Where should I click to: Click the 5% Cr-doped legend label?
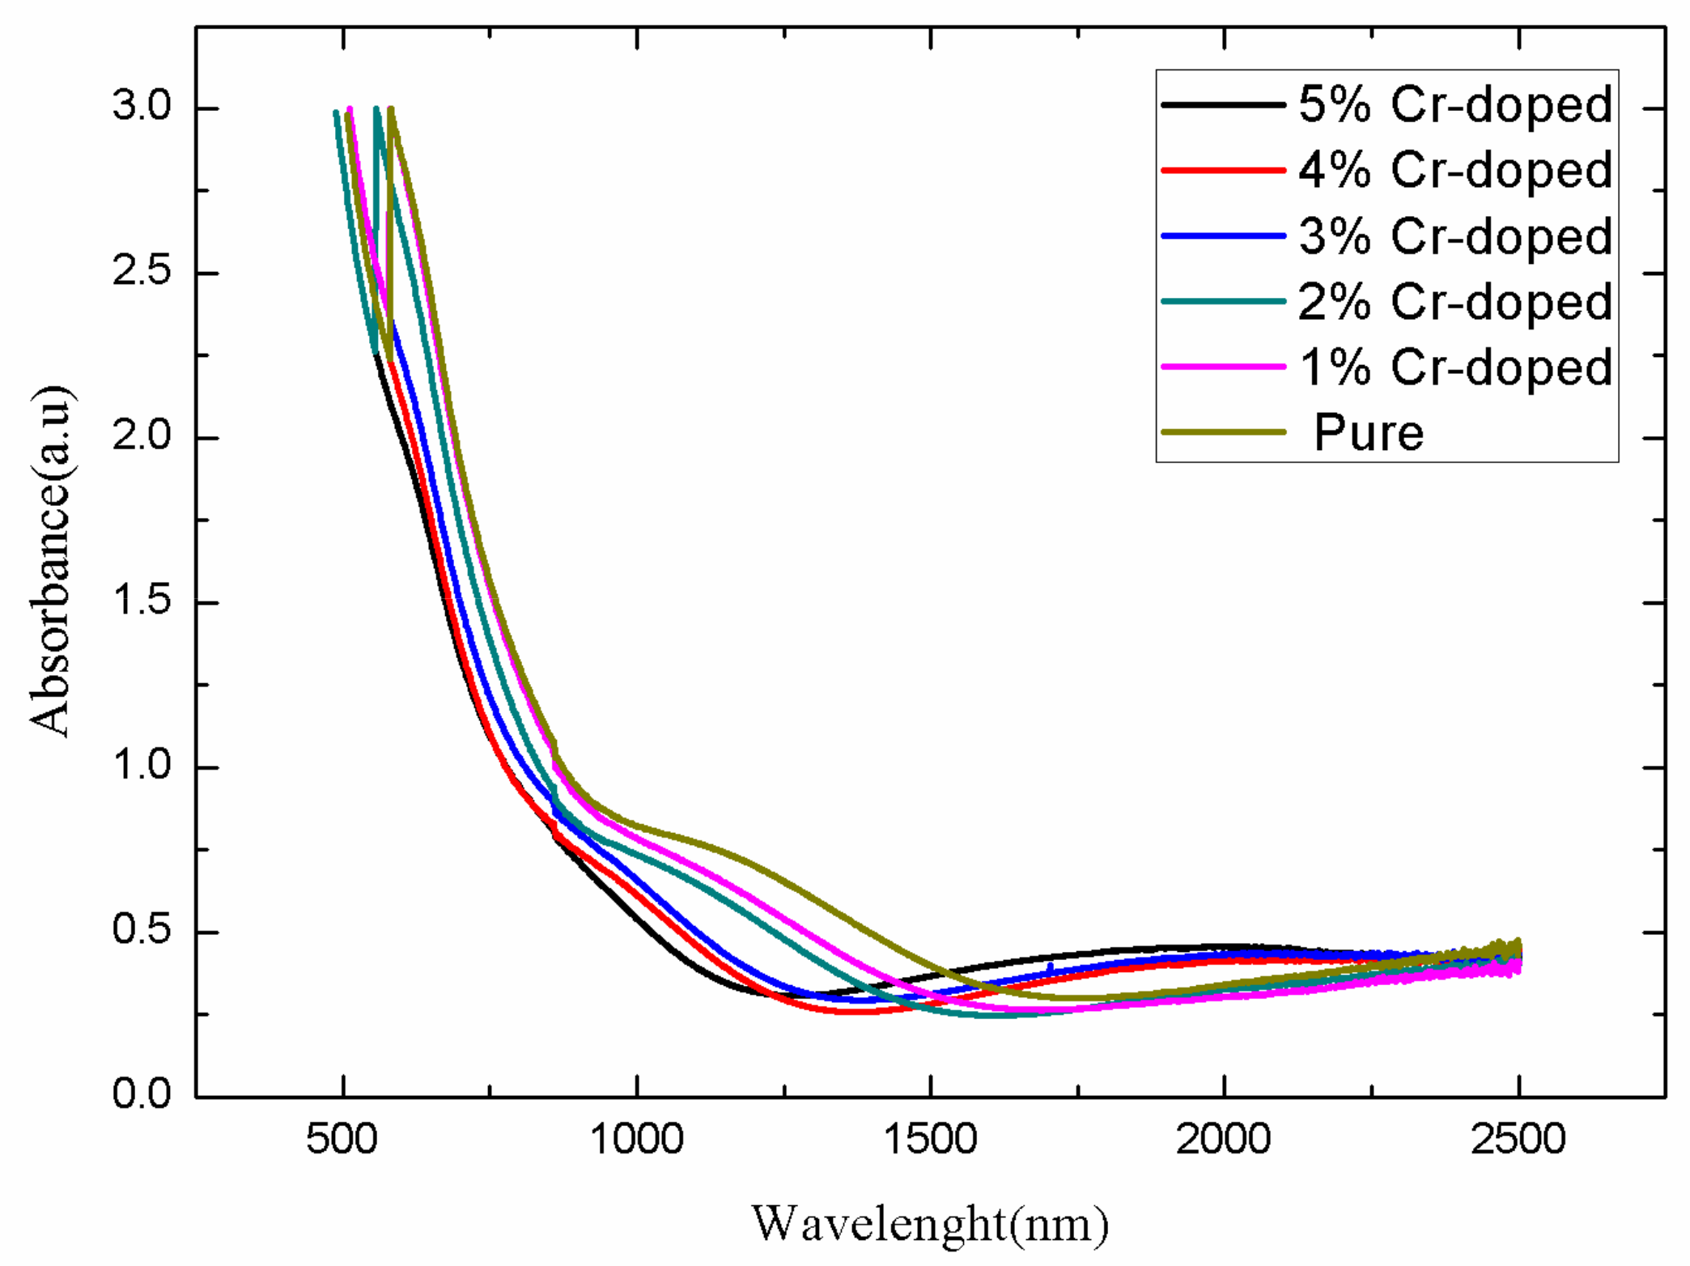click(1455, 104)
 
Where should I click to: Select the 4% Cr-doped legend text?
click(1455, 170)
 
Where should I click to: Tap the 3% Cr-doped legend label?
click(1455, 236)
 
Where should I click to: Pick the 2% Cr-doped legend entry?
click(1455, 302)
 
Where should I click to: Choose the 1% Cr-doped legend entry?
click(1455, 367)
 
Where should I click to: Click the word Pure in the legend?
click(1368, 432)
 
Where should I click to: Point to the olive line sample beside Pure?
click(1223, 432)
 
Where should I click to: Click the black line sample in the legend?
click(1223, 104)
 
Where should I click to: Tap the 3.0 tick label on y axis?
click(142, 107)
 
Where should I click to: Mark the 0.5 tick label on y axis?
click(142, 930)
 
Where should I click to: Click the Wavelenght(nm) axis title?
click(929, 1224)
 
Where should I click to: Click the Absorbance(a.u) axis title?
click(50, 561)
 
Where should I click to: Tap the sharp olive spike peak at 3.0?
click(391, 109)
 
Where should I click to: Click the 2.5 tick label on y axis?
click(142, 271)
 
